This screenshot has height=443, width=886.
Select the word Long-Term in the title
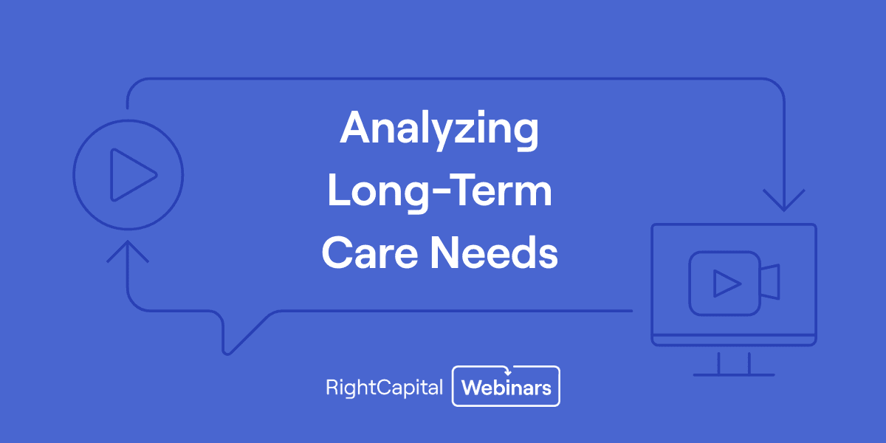[440, 193]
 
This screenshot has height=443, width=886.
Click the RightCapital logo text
[384, 387]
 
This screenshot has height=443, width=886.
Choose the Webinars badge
[506, 387]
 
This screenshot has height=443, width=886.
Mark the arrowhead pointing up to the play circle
[127, 251]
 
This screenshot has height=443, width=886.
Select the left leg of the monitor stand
[719, 363]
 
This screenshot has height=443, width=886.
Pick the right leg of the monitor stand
[749, 363]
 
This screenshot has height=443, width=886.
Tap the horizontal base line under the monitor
[734, 374]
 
